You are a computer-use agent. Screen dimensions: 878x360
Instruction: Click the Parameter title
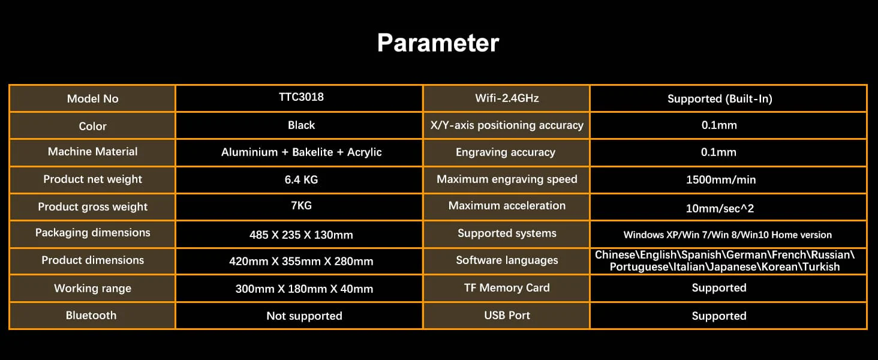438,43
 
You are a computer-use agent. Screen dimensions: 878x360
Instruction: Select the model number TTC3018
301,97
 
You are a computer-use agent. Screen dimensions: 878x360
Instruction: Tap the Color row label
92,126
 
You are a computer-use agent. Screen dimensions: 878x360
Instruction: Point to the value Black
301,125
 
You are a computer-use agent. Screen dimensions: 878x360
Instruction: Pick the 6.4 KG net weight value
301,179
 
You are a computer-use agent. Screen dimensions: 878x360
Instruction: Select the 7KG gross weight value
301,205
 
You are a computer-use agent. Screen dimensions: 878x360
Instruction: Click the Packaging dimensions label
92,233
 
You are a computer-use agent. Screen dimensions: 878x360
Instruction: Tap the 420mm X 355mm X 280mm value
301,261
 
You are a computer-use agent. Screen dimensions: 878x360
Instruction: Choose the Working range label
92,289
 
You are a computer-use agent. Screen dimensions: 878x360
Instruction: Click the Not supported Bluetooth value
304,316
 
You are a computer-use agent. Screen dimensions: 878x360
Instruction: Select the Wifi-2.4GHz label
507,98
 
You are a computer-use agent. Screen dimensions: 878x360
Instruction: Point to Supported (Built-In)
720,99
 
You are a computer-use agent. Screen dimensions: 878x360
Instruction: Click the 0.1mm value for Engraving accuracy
718,152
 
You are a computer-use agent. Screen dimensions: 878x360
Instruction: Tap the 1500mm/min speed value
721,179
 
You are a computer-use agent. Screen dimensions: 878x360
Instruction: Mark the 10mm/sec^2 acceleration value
720,208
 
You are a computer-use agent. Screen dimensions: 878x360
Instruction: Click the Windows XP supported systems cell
727,235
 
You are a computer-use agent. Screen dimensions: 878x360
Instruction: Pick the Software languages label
507,260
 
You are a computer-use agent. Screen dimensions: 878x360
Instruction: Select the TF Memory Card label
507,288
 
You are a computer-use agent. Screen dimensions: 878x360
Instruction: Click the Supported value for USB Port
719,316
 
